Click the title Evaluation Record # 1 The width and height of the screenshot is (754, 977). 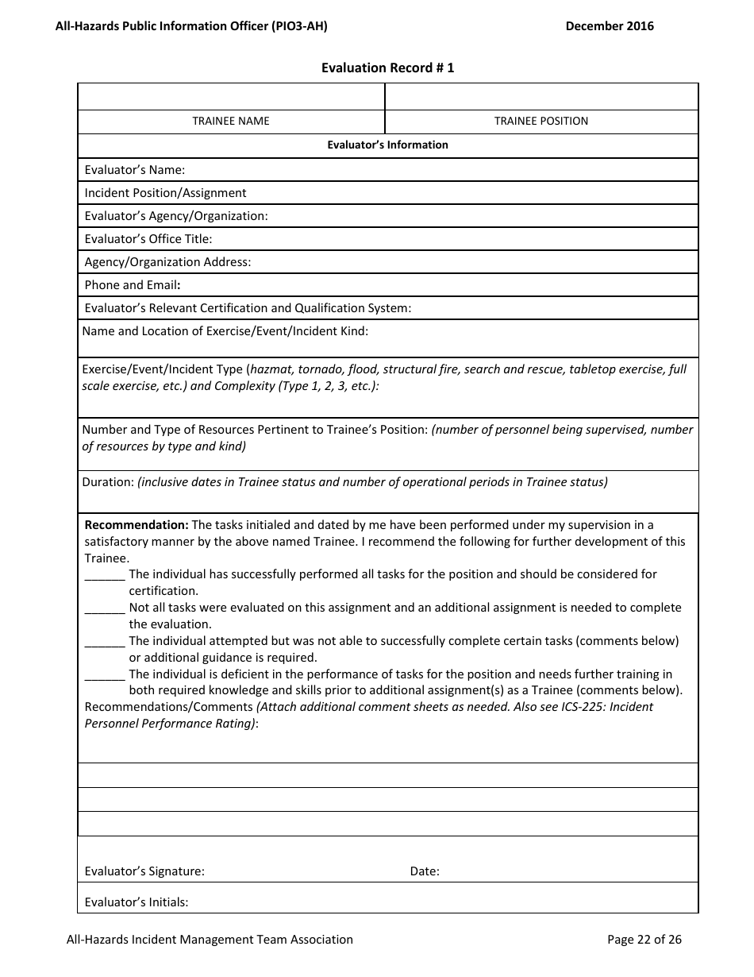(387, 68)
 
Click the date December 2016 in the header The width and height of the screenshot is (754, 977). (610, 26)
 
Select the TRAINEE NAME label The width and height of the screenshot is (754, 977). (231, 122)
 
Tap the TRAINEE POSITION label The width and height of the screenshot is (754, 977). (541, 122)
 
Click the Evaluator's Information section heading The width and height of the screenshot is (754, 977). (387, 145)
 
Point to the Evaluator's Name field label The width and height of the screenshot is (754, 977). (135, 170)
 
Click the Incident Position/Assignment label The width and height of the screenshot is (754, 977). (165, 193)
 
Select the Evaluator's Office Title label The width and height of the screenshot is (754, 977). (148, 239)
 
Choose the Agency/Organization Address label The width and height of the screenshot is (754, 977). (167, 262)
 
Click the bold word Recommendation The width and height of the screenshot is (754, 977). (137, 525)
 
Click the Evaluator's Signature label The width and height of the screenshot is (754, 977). (144, 871)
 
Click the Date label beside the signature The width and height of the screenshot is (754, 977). (425, 871)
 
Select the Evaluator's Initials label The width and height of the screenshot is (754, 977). (137, 902)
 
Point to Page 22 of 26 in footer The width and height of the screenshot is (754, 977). (644, 940)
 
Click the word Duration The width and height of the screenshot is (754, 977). (108, 482)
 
